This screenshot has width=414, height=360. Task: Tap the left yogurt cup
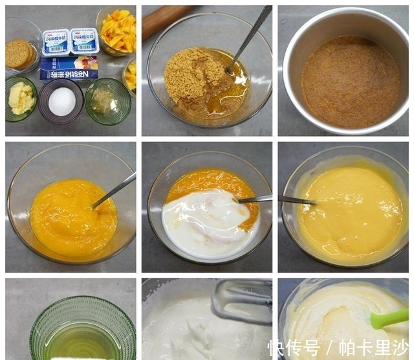pyautogui.click(x=56, y=42)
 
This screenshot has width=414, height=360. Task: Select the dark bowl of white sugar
pyautogui.click(x=61, y=101)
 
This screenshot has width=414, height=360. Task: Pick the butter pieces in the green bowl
pyautogui.click(x=21, y=99)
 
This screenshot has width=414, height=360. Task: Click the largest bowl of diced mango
pyautogui.click(x=117, y=30)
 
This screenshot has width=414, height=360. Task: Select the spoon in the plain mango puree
pyautogui.click(x=113, y=192)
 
